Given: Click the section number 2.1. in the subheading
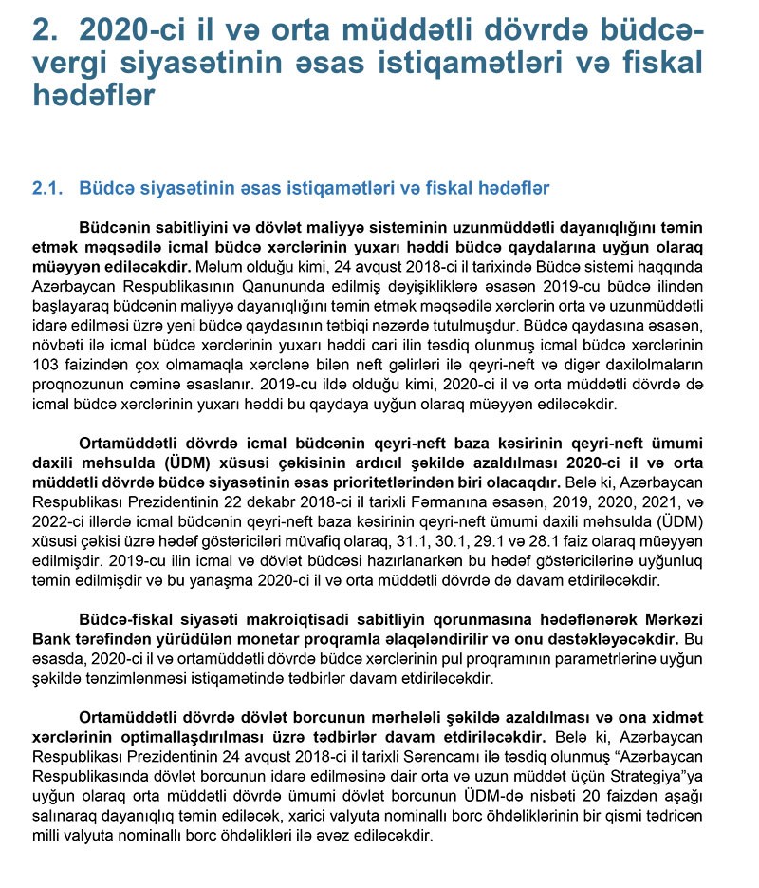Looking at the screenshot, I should (x=48, y=189).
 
